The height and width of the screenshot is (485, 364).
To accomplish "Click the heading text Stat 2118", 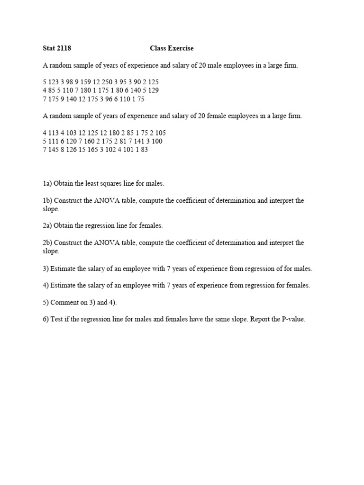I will click(57, 48).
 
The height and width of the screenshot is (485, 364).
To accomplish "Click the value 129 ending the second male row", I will click(153, 90).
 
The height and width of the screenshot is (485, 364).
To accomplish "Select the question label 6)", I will click(45, 319).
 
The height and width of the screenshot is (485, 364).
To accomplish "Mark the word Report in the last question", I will click(253, 319).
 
